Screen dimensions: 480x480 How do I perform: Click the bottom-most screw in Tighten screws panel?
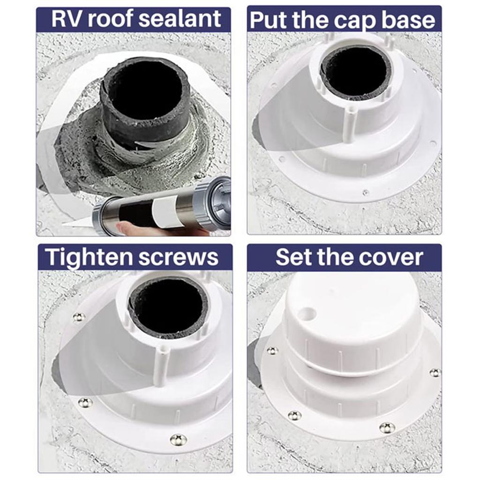click(x=178, y=439)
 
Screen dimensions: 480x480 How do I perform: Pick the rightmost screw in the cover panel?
click(x=435, y=373)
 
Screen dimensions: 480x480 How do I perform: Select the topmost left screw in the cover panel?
click(x=272, y=351)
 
